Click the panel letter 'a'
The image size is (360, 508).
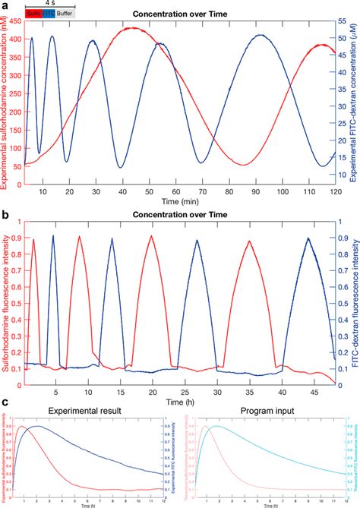pos(5,5)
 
